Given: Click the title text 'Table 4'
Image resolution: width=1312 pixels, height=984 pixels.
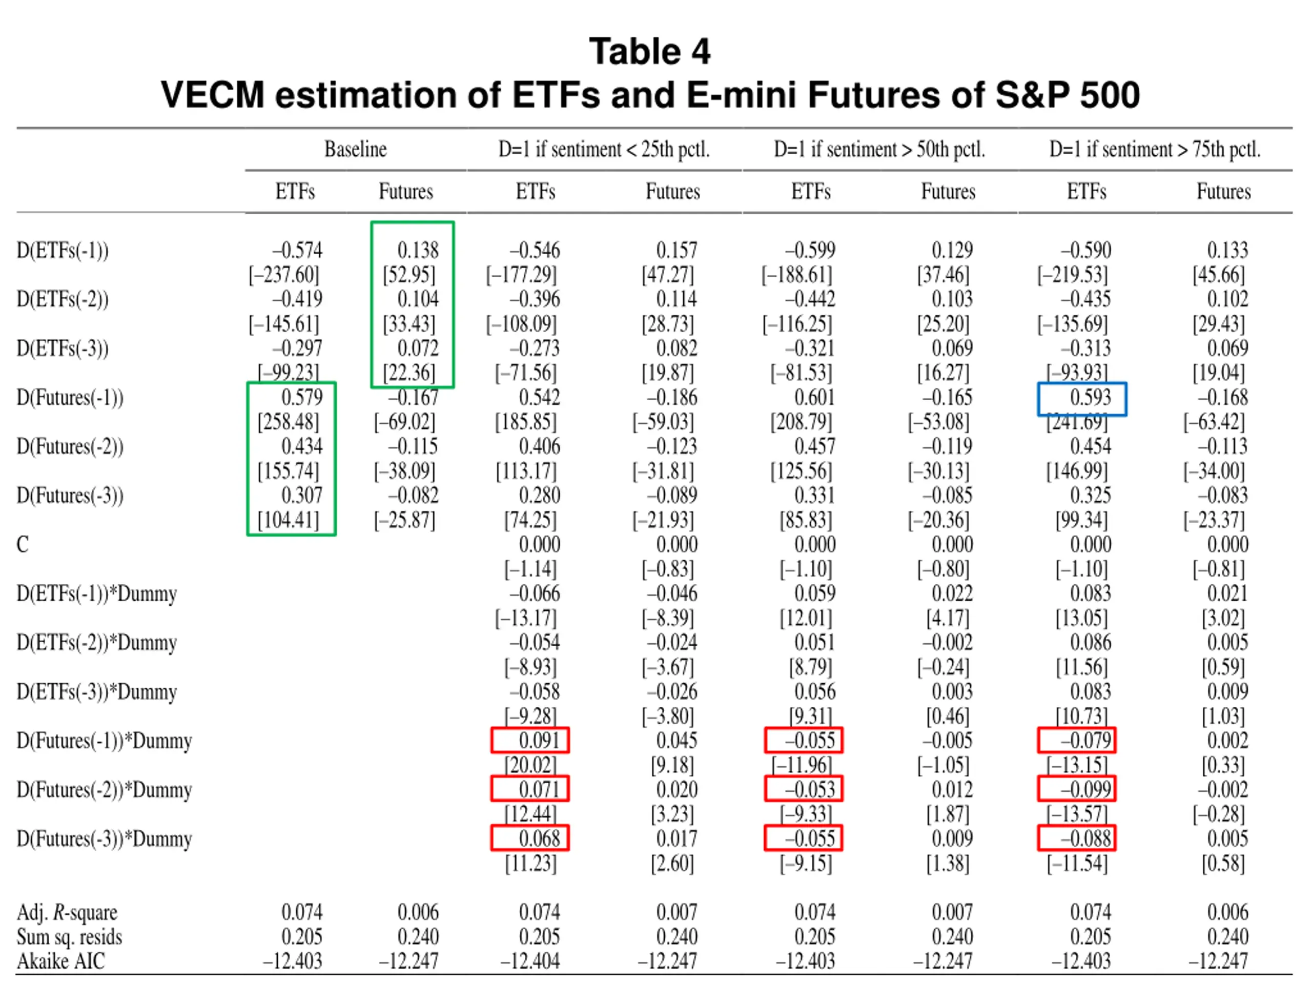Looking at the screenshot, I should click(649, 52).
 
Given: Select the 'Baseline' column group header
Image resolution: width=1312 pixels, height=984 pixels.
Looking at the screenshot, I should click(355, 149).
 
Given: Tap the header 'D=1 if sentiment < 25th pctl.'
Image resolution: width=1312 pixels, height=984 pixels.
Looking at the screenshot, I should click(604, 149).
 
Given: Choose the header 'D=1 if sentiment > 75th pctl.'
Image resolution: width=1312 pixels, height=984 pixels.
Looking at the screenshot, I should click(1155, 149).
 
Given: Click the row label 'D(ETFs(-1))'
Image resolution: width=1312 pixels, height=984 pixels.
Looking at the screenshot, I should click(63, 250).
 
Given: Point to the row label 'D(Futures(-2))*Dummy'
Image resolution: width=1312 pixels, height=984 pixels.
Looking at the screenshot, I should click(105, 790).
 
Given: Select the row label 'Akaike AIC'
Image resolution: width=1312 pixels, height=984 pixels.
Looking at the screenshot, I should click(60, 961).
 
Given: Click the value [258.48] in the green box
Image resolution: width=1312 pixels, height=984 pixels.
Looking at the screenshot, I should click(288, 422).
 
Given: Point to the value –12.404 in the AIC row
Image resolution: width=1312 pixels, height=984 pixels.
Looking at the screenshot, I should click(530, 961).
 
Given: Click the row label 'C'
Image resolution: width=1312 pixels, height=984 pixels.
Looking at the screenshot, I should click(23, 544).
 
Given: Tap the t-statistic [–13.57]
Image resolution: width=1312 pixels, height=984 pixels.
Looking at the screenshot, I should click(1077, 814).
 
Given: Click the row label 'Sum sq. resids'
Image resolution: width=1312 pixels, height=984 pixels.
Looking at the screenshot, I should click(69, 936).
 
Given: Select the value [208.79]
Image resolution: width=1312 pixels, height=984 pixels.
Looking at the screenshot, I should click(802, 422).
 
